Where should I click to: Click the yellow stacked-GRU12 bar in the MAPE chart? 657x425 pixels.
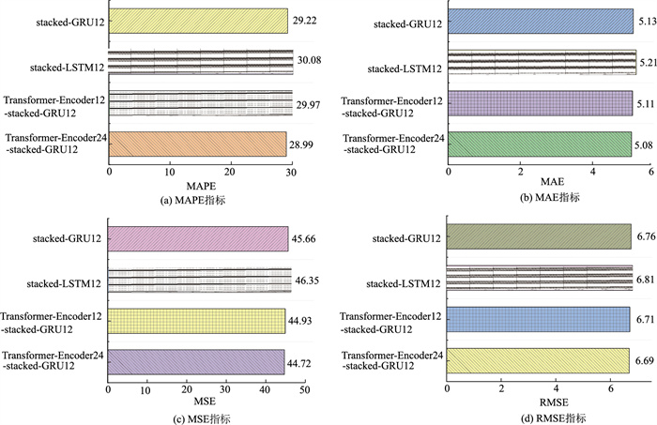point(198,21)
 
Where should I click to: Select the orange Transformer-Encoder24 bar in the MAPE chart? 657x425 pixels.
point(197,144)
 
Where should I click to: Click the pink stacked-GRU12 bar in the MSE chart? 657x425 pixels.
point(198,239)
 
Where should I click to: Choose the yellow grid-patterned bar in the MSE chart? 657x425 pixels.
point(196,321)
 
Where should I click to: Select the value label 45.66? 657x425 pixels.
point(305,239)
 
